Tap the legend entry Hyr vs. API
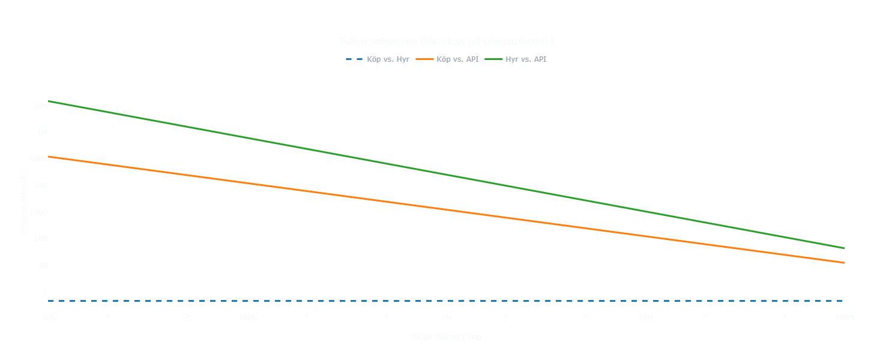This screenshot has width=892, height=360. tap(526, 59)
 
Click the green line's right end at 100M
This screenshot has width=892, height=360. tap(843, 248)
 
